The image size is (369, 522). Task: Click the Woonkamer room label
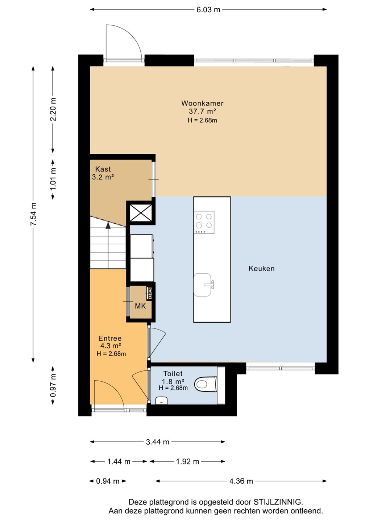tap(202, 103)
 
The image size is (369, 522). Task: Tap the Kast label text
tap(103, 169)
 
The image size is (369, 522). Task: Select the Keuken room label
tap(261, 269)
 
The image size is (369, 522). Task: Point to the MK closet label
tap(140, 306)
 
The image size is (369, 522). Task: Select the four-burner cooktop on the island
tap(204, 222)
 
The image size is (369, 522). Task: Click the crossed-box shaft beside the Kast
tap(141, 212)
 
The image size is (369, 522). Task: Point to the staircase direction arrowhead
tap(108, 225)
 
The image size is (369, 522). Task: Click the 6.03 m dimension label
tap(208, 10)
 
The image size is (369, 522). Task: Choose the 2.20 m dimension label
tap(53, 109)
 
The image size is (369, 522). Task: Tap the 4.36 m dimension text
tap(241, 481)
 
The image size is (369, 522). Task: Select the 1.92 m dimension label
tap(187, 461)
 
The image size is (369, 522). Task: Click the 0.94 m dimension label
tap(108, 481)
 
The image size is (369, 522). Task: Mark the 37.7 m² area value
tap(202, 111)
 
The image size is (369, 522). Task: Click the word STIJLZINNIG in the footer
tap(278, 501)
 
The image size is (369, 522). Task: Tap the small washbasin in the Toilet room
tap(161, 401)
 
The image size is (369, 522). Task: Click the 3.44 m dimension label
tap(157, 442)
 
